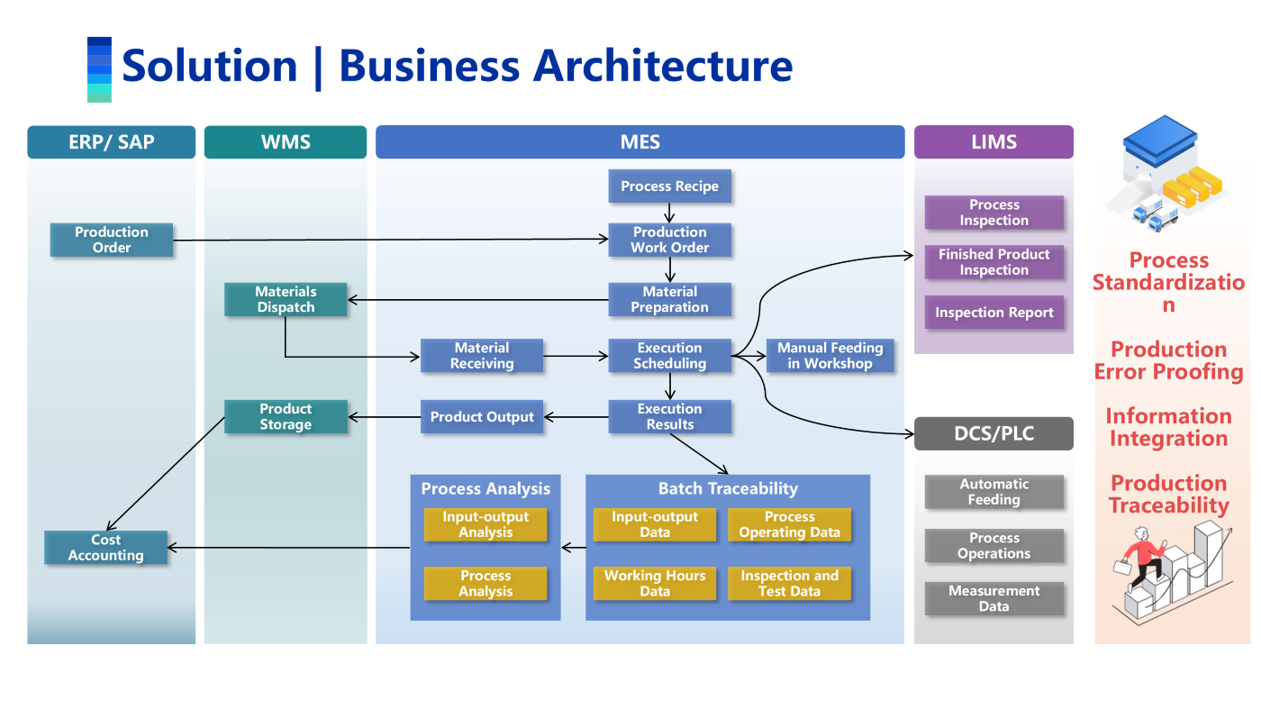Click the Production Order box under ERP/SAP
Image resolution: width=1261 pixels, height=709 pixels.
(112, 240)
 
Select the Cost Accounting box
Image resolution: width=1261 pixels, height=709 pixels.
(106, 548)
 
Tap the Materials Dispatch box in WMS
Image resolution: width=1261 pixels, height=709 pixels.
(286, 300)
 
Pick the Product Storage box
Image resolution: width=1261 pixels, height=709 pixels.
(286, 417)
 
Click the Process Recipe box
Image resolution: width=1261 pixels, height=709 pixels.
(669, 186)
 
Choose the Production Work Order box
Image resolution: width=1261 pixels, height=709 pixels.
(669, 240)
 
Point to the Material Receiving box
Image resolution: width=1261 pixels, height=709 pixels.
(482, 356)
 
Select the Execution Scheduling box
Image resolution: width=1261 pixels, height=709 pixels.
(669, 356)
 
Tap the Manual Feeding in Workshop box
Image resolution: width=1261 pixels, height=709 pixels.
(830, 356)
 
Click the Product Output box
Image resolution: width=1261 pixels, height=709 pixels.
(482, 417)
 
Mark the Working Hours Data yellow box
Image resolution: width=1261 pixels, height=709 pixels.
(655, 584)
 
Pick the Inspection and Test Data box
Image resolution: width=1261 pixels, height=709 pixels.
(789, 584)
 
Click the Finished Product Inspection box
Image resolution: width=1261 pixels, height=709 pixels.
(993, 262)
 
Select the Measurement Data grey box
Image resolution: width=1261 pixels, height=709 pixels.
(993, 599)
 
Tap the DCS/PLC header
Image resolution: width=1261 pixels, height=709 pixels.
(993, 433)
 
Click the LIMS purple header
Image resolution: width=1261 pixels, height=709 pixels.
(993, 141)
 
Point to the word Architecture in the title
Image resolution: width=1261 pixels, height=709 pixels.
(663, 66)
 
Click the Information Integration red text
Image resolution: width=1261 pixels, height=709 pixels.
(1168, 428)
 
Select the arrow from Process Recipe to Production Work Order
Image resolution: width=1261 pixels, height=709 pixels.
(669, 214)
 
